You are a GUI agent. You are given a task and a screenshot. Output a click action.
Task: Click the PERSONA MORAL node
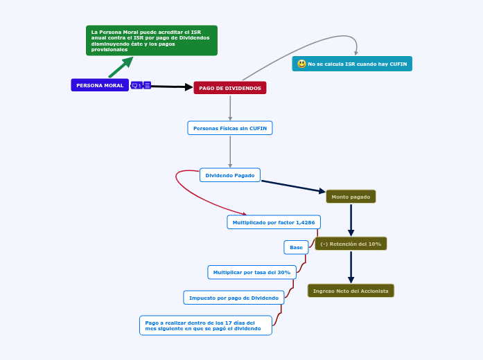(100, 85)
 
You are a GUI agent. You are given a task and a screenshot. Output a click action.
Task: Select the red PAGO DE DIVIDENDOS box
(230, 88)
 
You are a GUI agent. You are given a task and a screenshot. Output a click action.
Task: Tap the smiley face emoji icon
(301, 64)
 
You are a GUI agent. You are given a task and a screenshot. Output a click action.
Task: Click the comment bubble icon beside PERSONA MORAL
(136, 85)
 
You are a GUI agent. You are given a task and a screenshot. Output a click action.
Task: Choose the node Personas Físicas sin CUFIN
(230, 128)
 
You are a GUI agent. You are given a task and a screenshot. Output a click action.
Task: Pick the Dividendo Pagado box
(230, 175)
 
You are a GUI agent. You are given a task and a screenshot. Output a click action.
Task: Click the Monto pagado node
(351, 197)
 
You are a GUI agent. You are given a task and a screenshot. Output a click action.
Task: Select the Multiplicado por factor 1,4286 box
(274, 222)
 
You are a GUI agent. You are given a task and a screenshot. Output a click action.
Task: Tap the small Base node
(296, 247)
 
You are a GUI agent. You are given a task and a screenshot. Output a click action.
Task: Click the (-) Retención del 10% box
(351, 244)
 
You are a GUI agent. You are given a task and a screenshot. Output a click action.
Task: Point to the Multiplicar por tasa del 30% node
(252, 272)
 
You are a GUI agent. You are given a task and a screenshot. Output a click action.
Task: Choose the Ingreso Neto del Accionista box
(351, 291)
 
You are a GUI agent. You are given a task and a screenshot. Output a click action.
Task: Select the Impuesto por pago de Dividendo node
(234, 298)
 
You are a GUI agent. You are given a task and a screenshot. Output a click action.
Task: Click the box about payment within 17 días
(205, 325)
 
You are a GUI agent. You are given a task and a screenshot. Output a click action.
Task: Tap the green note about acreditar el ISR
(151, 40)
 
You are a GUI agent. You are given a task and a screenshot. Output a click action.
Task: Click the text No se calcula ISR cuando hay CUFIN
(358, 64)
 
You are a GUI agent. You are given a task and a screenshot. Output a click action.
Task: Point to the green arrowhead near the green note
(127, 62)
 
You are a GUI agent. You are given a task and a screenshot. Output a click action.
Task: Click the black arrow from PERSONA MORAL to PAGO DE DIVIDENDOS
(172, 87)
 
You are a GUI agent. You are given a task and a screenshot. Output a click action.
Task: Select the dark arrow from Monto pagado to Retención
(351, 220)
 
